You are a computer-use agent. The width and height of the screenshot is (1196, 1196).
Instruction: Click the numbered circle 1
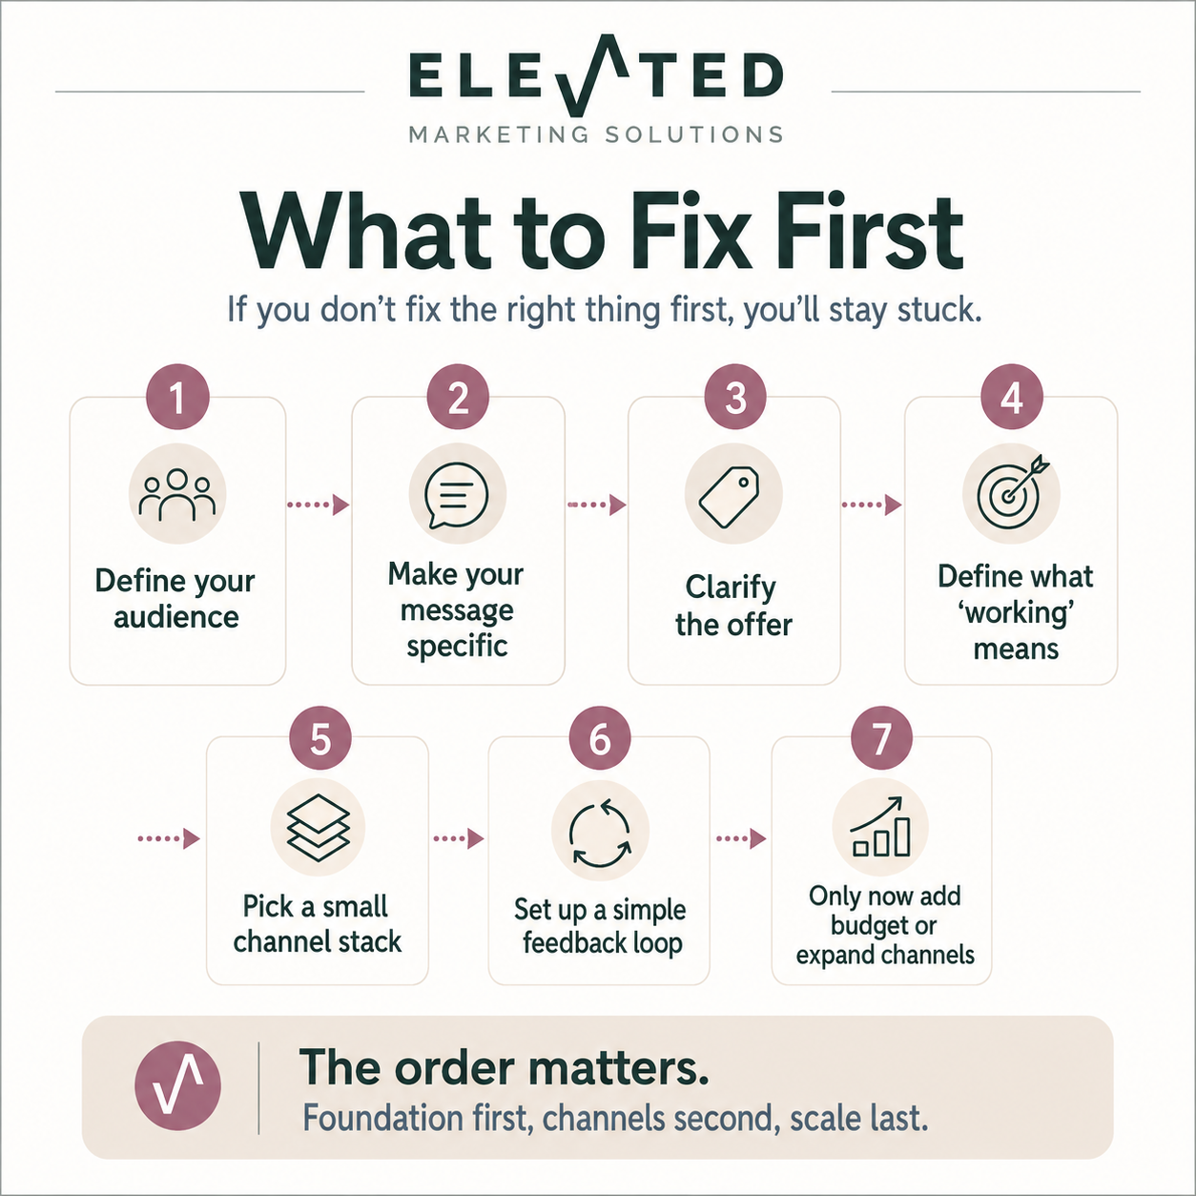point(177,397)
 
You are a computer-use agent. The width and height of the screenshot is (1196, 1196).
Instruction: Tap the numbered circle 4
point(1012,397)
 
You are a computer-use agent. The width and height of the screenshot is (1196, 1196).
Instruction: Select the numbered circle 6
point(600,738)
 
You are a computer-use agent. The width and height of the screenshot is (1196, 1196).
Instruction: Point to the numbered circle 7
point(881,738)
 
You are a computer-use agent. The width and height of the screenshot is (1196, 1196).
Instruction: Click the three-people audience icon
point(176,495)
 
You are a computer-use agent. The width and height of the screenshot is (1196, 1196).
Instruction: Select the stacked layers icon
point(319,827)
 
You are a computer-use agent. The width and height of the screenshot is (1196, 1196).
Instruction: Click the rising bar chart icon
point(879,827)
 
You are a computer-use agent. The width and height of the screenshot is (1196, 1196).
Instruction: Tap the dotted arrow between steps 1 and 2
point(319,505)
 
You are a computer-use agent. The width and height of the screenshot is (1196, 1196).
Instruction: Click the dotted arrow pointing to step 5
point(169,839)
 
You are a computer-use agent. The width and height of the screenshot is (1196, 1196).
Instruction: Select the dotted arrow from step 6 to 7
point(741,839)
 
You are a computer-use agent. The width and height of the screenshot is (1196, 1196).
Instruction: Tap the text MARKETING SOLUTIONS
point(596,134)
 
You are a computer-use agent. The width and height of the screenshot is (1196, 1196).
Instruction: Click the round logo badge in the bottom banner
point(177,1094)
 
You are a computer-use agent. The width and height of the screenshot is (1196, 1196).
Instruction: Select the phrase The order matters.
point(504,1067)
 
